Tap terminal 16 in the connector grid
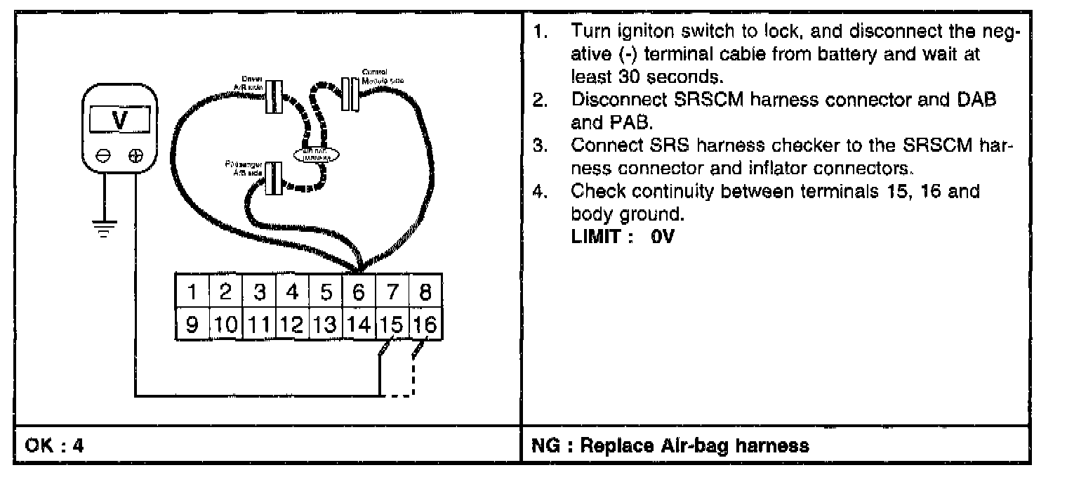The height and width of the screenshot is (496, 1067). pyautogui.click(x=425, y=325)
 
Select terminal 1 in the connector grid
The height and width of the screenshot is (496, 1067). pyautogui.click(x=191, y=291)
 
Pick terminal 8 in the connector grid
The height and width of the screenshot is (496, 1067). pyautogui.click(x=425, y=291)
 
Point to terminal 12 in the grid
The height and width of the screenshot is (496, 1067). pyautogui.click(x=291, y=325)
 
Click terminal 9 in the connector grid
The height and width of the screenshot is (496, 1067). pyautogui.click(x=191, y=325)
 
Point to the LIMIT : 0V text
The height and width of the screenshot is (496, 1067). pyautogui.click(x=623, y=237)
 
